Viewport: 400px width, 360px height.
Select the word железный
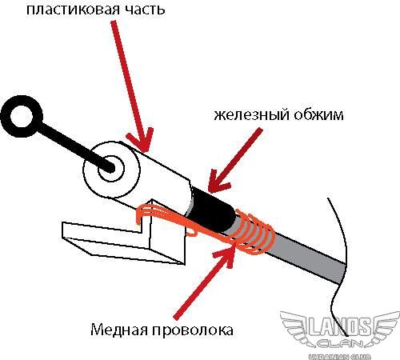click(251, 115)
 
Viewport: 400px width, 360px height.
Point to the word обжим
click(318, 114)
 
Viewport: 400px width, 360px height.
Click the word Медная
click(119, 330)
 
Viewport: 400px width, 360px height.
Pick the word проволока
click(193, 330)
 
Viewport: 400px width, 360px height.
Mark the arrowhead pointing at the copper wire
click(226, 254)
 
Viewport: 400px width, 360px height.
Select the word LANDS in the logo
click(339, 326)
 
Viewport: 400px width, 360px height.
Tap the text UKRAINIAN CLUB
click(339, 357)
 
